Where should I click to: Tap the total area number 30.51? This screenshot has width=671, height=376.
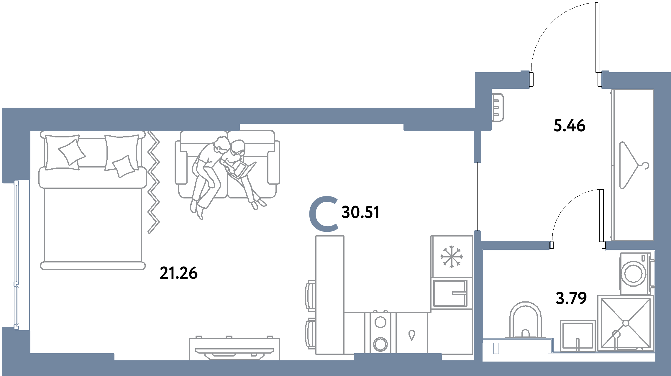click(360, 212)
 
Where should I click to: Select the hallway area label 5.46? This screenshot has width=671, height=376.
click(569, 126)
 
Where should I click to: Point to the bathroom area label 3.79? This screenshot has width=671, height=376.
click(571, 298)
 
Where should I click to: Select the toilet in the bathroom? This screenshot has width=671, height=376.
click(526, 320)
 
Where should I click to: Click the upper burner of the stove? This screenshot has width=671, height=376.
click(380, 322)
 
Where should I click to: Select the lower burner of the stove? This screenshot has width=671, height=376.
click(380, 343)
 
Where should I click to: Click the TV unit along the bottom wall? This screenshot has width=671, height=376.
click(234, 349)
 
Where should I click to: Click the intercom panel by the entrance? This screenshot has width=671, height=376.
click(498, 107)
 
